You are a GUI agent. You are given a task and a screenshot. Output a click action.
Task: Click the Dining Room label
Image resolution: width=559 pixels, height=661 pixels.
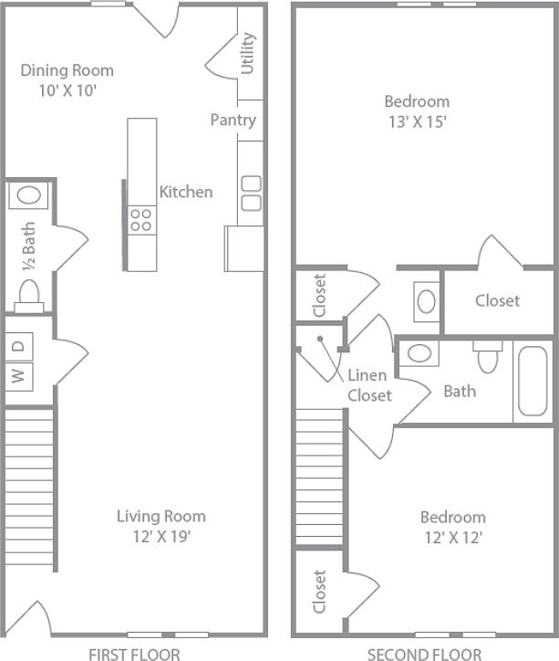coord(67,79)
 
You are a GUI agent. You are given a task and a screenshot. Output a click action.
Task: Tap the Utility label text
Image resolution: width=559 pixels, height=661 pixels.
coord(247,54)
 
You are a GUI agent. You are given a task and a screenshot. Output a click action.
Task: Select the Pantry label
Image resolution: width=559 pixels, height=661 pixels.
coord(233,120)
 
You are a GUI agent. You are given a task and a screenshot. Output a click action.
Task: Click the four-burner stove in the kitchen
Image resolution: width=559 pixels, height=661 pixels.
coord(141,220)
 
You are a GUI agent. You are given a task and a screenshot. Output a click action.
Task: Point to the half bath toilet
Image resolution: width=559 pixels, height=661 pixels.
coord(29,295)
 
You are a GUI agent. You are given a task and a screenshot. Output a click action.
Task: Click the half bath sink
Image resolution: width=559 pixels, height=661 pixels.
coord(29,195)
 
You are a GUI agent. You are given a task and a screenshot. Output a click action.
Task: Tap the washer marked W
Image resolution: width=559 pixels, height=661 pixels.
coord(19,374)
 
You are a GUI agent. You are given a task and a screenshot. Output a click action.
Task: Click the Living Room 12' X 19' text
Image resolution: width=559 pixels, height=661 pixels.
coord(160,526)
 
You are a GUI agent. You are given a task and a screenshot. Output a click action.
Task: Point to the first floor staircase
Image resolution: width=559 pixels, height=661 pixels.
coord(30,488)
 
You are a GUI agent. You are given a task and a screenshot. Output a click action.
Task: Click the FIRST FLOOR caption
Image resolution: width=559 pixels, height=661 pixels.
coord(133,653)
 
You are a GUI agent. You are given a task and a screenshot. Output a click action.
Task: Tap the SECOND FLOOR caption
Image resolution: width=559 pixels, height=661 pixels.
coord(424,653)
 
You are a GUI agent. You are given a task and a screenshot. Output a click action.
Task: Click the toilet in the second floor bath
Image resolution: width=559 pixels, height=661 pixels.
coord(487,355)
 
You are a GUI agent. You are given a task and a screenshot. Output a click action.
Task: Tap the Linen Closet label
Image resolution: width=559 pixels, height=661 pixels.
coord(368,385)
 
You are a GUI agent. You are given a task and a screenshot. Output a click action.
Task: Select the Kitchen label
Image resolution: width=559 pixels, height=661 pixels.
coord(186,192)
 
